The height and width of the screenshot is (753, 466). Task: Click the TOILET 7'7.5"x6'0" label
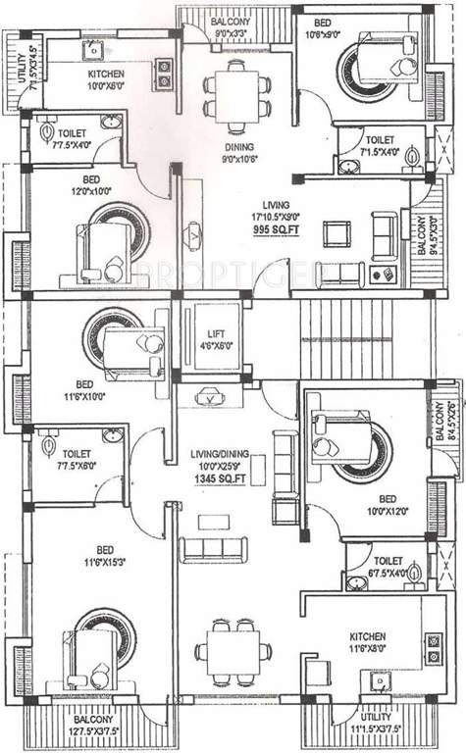(x=75, y=460)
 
